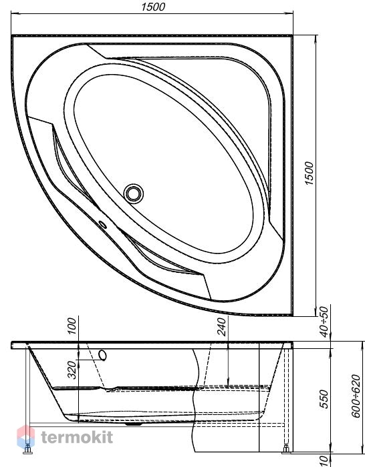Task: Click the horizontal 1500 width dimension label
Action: click(x=153, y=7)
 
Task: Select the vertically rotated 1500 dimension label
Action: click(x=310, y=173)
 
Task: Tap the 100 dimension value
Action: click(x=72, y=326)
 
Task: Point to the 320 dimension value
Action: click(x=72, y=370)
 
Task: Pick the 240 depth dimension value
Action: click(x=222, y=326)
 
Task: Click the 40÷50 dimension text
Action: click(x=324, y=322)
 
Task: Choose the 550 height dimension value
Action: click(x=324, y=399)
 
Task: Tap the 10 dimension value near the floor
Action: click(x=324, y=460)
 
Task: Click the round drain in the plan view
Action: click(x=134, y=193)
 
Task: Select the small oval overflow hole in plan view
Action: click(x=103, y=225)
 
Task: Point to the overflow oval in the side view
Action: click(x=103, y=356)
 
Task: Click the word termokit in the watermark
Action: click(x=77, y=437)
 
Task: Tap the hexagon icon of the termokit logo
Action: click(x=25, y=436)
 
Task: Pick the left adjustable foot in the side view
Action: click(x=28, y=450)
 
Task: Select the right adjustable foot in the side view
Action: click(x=286, y=450)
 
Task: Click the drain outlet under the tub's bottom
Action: click(x=134, y=424)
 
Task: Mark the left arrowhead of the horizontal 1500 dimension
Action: click(x=15, y=13)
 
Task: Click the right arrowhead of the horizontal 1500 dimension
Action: click(x=289, y=13)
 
